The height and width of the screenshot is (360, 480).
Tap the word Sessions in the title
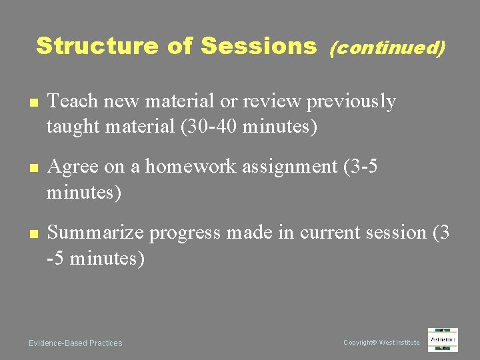pyautogui.click(x=258, y=46)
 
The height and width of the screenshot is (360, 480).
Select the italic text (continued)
pyautogui.click(x=387, y=47)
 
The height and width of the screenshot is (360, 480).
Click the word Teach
pyautogui.click(x=72, y=101)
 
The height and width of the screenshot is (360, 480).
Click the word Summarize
pyautogui.click(x=96, y=232)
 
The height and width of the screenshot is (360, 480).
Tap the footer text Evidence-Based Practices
pyautogui.click(x=75, y=343)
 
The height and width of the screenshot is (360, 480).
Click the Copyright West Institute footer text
pyautogui.click(x=381, y=343)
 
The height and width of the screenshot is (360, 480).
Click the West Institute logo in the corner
pyautogui.click(x=443, y=340)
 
